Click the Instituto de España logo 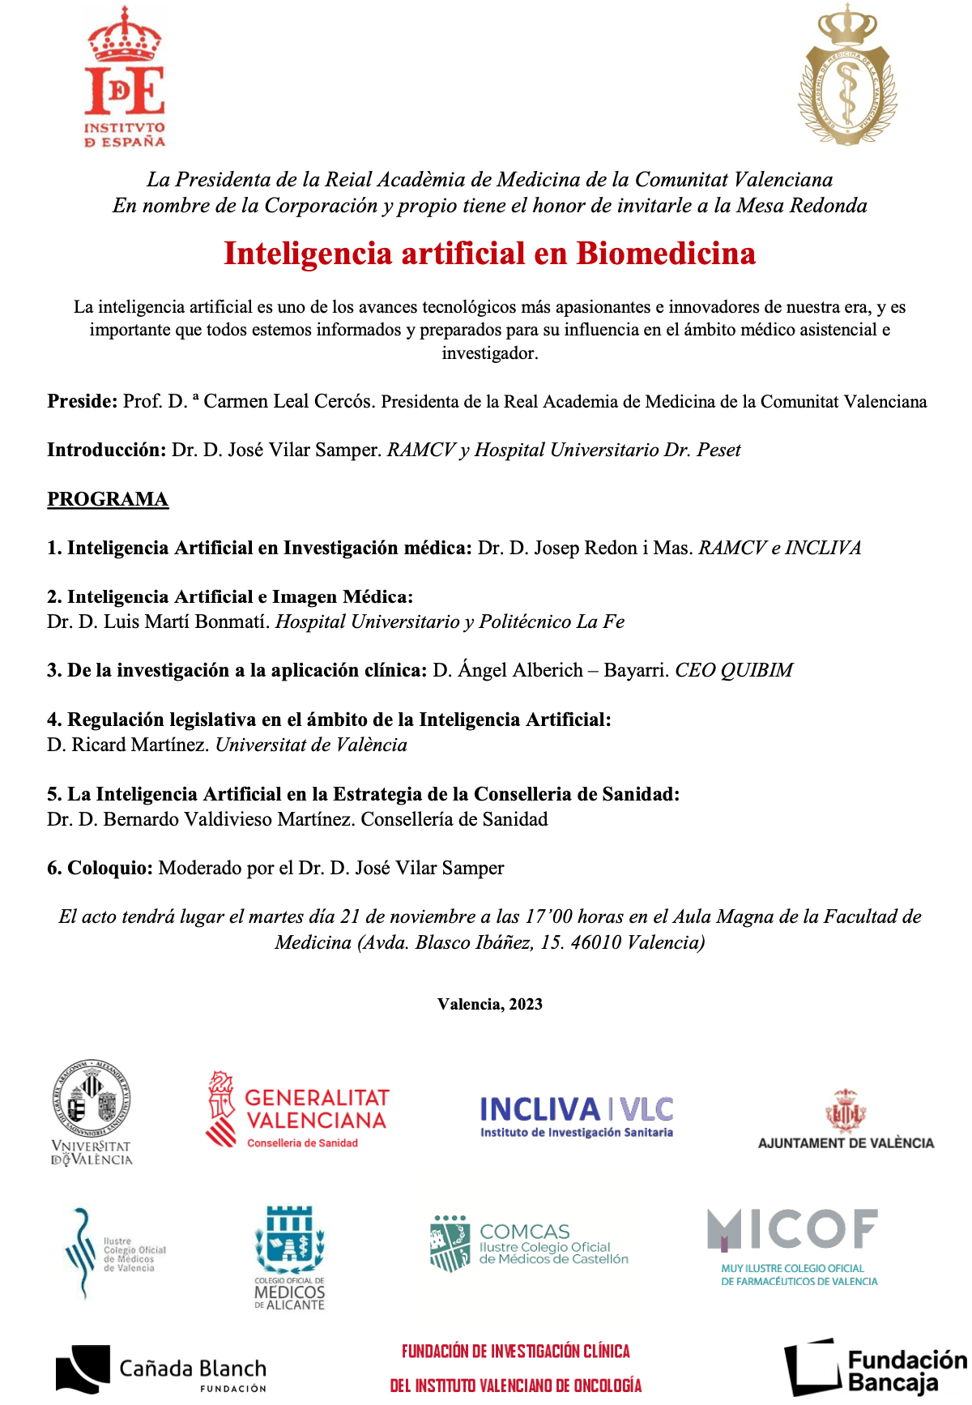125,79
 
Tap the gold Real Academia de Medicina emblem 847,76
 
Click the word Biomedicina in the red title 666,254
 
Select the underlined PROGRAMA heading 108,499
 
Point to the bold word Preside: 83,401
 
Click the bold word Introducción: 107,450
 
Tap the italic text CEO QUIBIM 734,670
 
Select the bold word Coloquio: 110,868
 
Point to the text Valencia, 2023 490,1004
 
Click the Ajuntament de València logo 846,1119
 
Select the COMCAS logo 529,1244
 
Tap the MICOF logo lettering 792,1229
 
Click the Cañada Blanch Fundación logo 161,1369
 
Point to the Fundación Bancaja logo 875,1369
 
